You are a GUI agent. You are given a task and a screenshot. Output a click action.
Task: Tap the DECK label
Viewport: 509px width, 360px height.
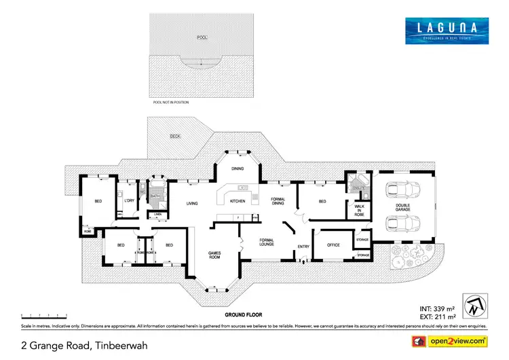[x=174, y=136]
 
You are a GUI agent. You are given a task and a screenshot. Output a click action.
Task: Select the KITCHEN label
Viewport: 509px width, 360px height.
[x=238, y=201]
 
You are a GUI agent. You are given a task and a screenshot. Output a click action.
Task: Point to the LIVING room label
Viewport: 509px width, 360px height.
[x=192, y=202]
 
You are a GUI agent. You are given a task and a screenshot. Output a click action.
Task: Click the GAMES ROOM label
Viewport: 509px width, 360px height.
[x=215, y=255]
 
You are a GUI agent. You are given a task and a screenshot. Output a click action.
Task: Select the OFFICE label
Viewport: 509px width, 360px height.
[x=333, y=245]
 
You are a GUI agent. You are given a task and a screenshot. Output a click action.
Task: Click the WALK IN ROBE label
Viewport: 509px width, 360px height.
[x=360, y=212]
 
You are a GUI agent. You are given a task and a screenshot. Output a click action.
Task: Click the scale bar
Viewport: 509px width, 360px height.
[x=44, y=316]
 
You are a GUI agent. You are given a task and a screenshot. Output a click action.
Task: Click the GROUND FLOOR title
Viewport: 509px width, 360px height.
[x=242, y=317]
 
